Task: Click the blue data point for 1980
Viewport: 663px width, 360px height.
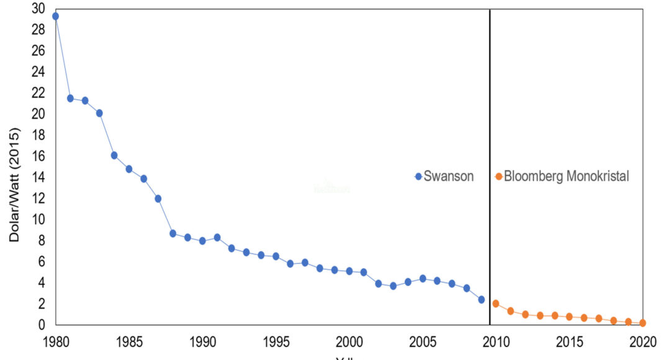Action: coord(56,16)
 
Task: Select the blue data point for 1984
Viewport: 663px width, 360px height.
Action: coord(114,155)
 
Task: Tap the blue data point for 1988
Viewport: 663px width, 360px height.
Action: coord(173,233)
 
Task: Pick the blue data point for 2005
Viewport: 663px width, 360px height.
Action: coord(423,279)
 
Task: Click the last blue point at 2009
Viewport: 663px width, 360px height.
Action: coord(481,299)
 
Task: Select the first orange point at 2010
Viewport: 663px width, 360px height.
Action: coord(496,304)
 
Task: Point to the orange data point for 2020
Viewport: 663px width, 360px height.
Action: coord(643,323)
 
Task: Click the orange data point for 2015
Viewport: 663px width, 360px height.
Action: coord(569,317)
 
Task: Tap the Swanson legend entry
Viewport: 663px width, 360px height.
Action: coord(445,176)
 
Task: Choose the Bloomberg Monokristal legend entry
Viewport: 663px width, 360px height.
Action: coord(562,176)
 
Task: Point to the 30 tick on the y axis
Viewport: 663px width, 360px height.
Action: coord(38,9)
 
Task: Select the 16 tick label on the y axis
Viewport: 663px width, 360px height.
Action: coord(38,156)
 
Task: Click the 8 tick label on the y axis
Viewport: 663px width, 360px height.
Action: coord(42,240)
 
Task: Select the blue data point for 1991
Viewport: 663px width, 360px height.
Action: coord(217,238)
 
